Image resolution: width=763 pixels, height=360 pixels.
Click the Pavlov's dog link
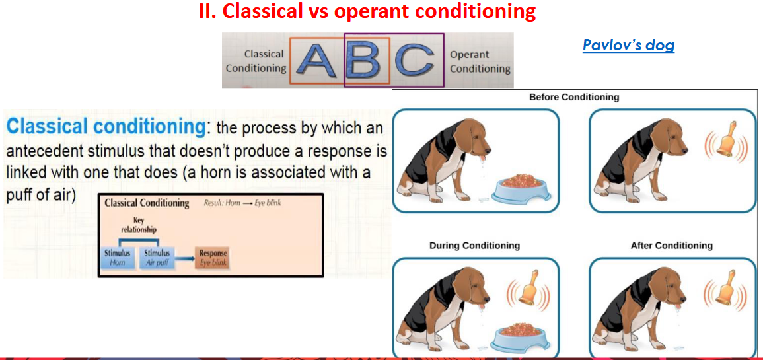coord(628,46)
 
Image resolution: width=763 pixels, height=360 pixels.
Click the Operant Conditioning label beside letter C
coord(480,62)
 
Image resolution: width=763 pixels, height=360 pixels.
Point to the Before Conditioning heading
coord(574,97)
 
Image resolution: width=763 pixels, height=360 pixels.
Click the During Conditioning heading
coord(474,246)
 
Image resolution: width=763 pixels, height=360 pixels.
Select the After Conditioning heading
coord(672,246)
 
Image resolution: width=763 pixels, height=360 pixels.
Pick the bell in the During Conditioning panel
coord(528,293)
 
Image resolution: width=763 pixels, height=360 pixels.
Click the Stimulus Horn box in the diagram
coord(118,258)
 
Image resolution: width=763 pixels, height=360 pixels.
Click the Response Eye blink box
coord(213,258)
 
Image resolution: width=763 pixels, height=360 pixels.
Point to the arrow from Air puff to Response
coord(184,259)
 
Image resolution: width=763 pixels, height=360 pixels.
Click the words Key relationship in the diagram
coord(138,225)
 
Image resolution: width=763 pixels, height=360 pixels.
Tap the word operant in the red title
coord(372,12)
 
